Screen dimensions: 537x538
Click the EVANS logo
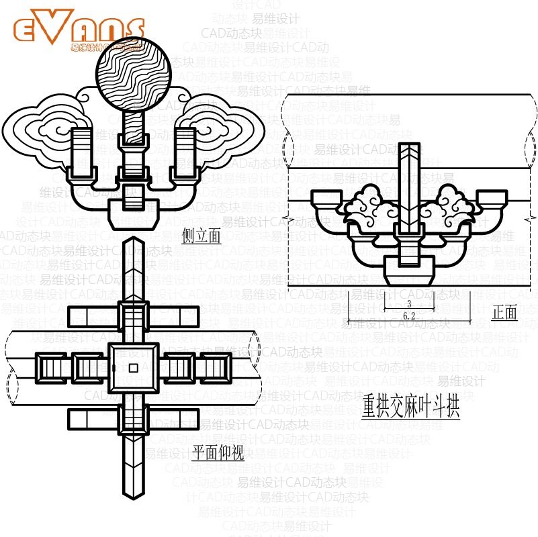[79, 30]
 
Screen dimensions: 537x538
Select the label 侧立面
[201, 236]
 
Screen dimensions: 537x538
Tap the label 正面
[505, 312]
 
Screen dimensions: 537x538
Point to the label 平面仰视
[218, 453]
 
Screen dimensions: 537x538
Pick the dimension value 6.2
[409, 315]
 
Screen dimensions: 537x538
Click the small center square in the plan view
[133, 367]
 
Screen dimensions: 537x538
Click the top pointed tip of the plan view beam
[133, 240]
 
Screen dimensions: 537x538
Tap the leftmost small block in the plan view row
[50, 367]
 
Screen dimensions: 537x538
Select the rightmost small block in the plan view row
[217, 367]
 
